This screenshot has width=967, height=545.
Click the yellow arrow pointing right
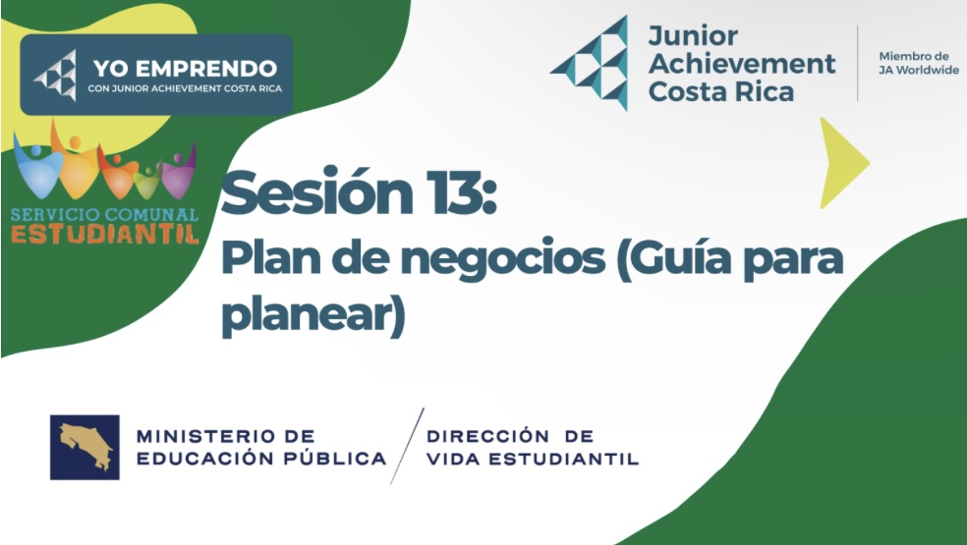point(842,163)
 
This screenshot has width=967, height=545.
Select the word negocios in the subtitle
point(502,260)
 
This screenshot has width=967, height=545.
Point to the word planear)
point(313,314)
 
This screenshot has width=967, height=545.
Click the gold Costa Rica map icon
point(85,448)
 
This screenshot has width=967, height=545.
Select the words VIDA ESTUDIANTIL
point(533,459)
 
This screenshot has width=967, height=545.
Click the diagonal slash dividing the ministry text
point(407,446)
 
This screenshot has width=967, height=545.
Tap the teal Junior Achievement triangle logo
point(590,63)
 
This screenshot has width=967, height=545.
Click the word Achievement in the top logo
point(742,63)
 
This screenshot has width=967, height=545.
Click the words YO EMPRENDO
point(185,68)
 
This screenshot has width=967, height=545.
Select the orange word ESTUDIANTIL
point(105,235)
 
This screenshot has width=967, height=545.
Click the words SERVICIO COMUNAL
point(104,215)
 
